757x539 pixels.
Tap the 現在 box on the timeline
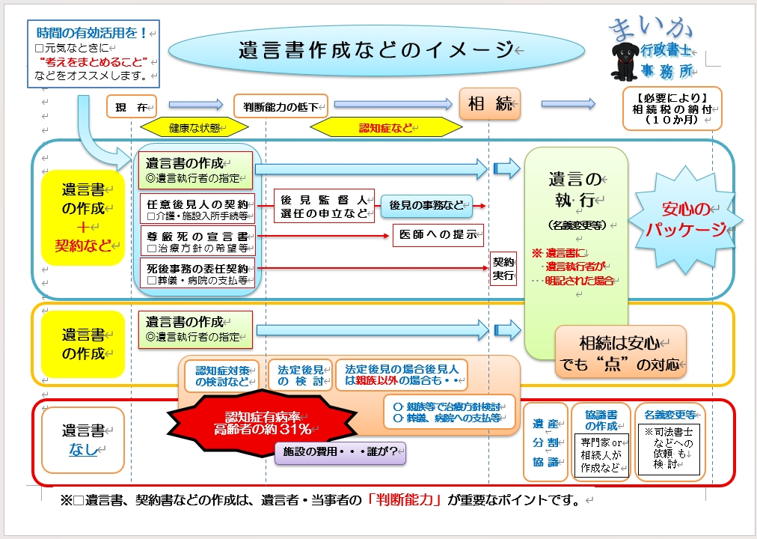(x=131, y=106)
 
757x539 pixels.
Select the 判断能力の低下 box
(x=281, y=106)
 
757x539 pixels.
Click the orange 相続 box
(x=489, y=105)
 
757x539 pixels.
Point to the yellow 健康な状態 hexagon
(x=194, y=128)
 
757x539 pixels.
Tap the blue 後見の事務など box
(x=426, y=204)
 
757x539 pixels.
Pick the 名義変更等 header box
(x=670, y=414)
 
